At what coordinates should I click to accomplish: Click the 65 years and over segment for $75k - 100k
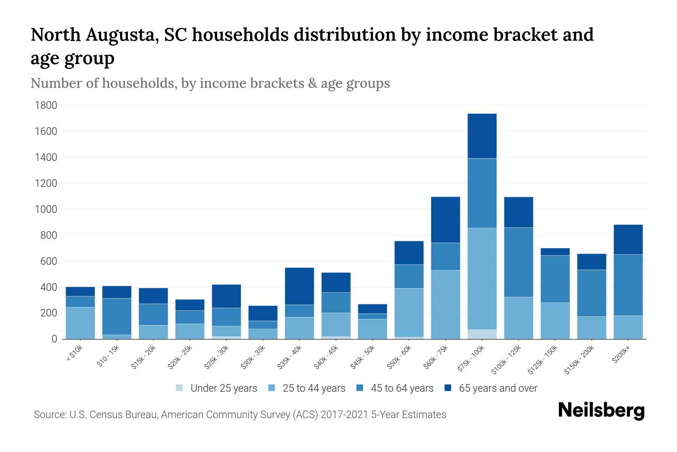(482, 136)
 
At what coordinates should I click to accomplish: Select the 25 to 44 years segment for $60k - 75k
(445, 304)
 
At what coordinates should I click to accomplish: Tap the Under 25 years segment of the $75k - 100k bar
(482, 334)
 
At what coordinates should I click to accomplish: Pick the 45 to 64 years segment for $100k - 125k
(518, 262)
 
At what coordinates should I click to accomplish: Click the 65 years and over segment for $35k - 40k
(299, 286)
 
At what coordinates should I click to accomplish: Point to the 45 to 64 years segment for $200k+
(628, 285)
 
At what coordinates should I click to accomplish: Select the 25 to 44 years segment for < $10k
(80, 323)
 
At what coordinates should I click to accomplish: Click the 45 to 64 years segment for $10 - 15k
(117, 316)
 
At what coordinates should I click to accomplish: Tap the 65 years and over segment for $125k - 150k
(555, 252)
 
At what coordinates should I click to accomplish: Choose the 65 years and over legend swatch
(448, 388)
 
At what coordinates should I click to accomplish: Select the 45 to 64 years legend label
(402, 388)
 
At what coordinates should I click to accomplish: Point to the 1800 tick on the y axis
(46, 105)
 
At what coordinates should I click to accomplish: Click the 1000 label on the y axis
(46, 209)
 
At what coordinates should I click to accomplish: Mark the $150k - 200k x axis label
(580, 361)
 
